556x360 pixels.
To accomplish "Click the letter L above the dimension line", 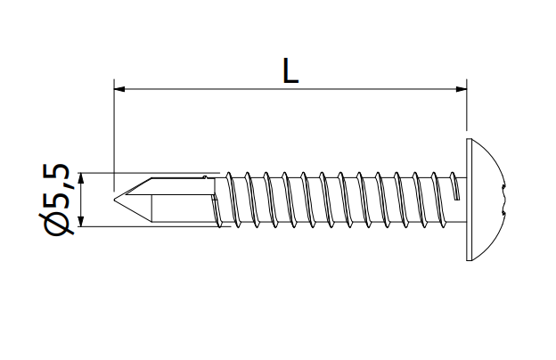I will tap(290, 71).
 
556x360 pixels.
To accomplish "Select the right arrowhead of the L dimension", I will tap(461, 88).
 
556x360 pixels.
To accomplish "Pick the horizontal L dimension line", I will tap(290, 88).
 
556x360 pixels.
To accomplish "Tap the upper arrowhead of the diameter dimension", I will tap(81, 178).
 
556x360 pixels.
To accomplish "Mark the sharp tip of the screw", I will tap(116, 199).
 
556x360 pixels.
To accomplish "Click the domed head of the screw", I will tap(486, 199).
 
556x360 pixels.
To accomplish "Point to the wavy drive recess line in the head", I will tap(503, 199).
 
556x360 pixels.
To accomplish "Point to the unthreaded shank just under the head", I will tap(460, 198).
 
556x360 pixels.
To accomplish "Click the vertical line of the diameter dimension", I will tap(81, 200).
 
